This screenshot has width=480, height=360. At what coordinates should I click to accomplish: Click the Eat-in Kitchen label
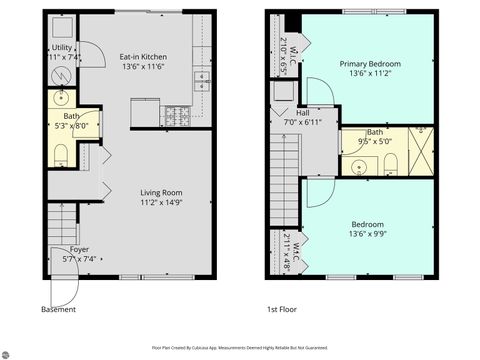pyautogui.click(x=142, y=58)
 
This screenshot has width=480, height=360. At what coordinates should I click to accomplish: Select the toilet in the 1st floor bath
pyautogui.click(x=391, y=162)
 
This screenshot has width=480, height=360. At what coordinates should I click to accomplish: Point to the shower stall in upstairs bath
pyautogui.click(x=422, y=153)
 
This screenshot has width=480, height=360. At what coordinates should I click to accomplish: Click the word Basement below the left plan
pyautogui.click(x=58, y=310)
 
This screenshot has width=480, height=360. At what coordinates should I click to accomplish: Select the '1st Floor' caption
pyautogui.click(x=282, y=310)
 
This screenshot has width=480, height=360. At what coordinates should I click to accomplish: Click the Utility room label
pyautogui.click(x=62, y=48)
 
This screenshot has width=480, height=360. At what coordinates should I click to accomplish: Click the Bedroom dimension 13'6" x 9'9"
pyautogui.click(x=369, y=234)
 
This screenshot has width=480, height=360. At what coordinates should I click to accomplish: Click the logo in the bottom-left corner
pyautogui.click(x=9, y=351)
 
